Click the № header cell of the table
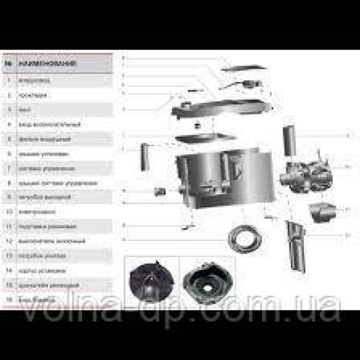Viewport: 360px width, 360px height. (8, 63)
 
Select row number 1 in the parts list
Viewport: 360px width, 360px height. (8, 78)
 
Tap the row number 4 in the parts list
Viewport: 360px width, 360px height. (8, 124)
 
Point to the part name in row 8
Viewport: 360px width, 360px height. (50, 183)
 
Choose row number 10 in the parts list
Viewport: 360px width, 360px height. (8, 212)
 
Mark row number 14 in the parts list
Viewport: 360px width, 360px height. (8, 271)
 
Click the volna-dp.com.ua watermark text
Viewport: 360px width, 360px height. (180, 313)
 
